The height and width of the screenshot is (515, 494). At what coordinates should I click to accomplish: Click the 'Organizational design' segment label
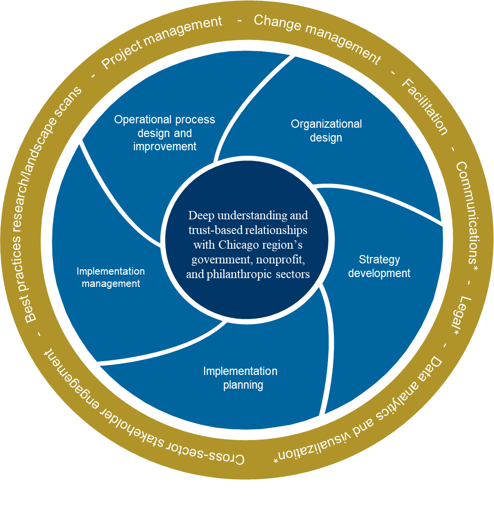326,131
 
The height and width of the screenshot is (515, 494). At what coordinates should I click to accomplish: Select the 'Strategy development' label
379,266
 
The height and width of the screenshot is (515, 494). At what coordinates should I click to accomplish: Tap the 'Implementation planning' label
240,378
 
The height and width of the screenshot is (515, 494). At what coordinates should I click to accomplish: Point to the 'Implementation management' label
111,277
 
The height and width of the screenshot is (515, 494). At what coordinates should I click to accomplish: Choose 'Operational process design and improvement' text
165,133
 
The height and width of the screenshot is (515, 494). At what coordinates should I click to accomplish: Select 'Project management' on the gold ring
162,44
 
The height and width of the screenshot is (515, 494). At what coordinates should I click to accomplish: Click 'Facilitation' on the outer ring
424,107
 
